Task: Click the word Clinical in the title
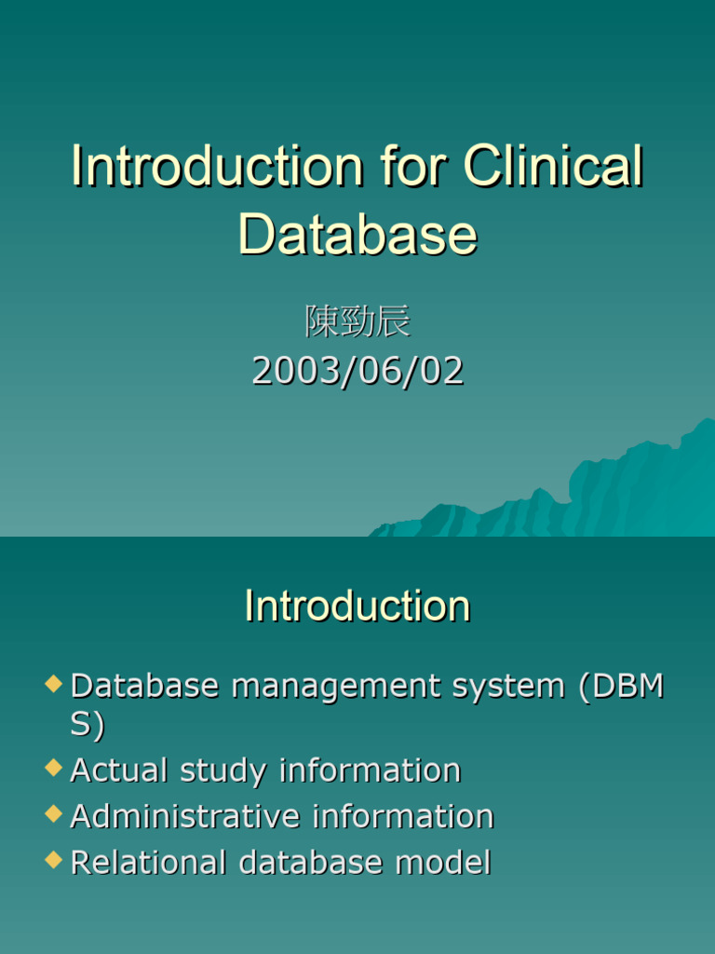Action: tap(553, 166)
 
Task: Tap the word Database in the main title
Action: tap(357, 234)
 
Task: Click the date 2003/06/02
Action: tap(357, 370)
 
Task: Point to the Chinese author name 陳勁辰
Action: tap(357, 320)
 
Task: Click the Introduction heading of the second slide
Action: tap(357, 606)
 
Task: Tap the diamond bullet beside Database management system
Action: tap(53, 683)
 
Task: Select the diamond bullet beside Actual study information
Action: tap(53, 768)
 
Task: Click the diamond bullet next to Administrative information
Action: tap(53, 814)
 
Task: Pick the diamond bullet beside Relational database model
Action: tap(53, 860)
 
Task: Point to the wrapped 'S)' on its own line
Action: tap(88, 725)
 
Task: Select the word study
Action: tap(223, 771)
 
